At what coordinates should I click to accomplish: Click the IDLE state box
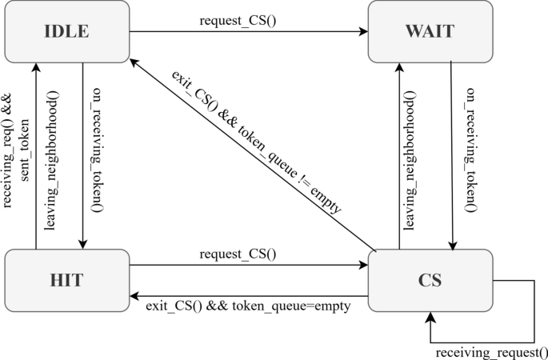pyautogui.click(x=66, y=32)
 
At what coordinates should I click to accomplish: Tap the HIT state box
pyautogui.click(x=66, y=281)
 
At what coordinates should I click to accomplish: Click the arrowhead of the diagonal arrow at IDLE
pyautogui.click(x=134, y=67)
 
